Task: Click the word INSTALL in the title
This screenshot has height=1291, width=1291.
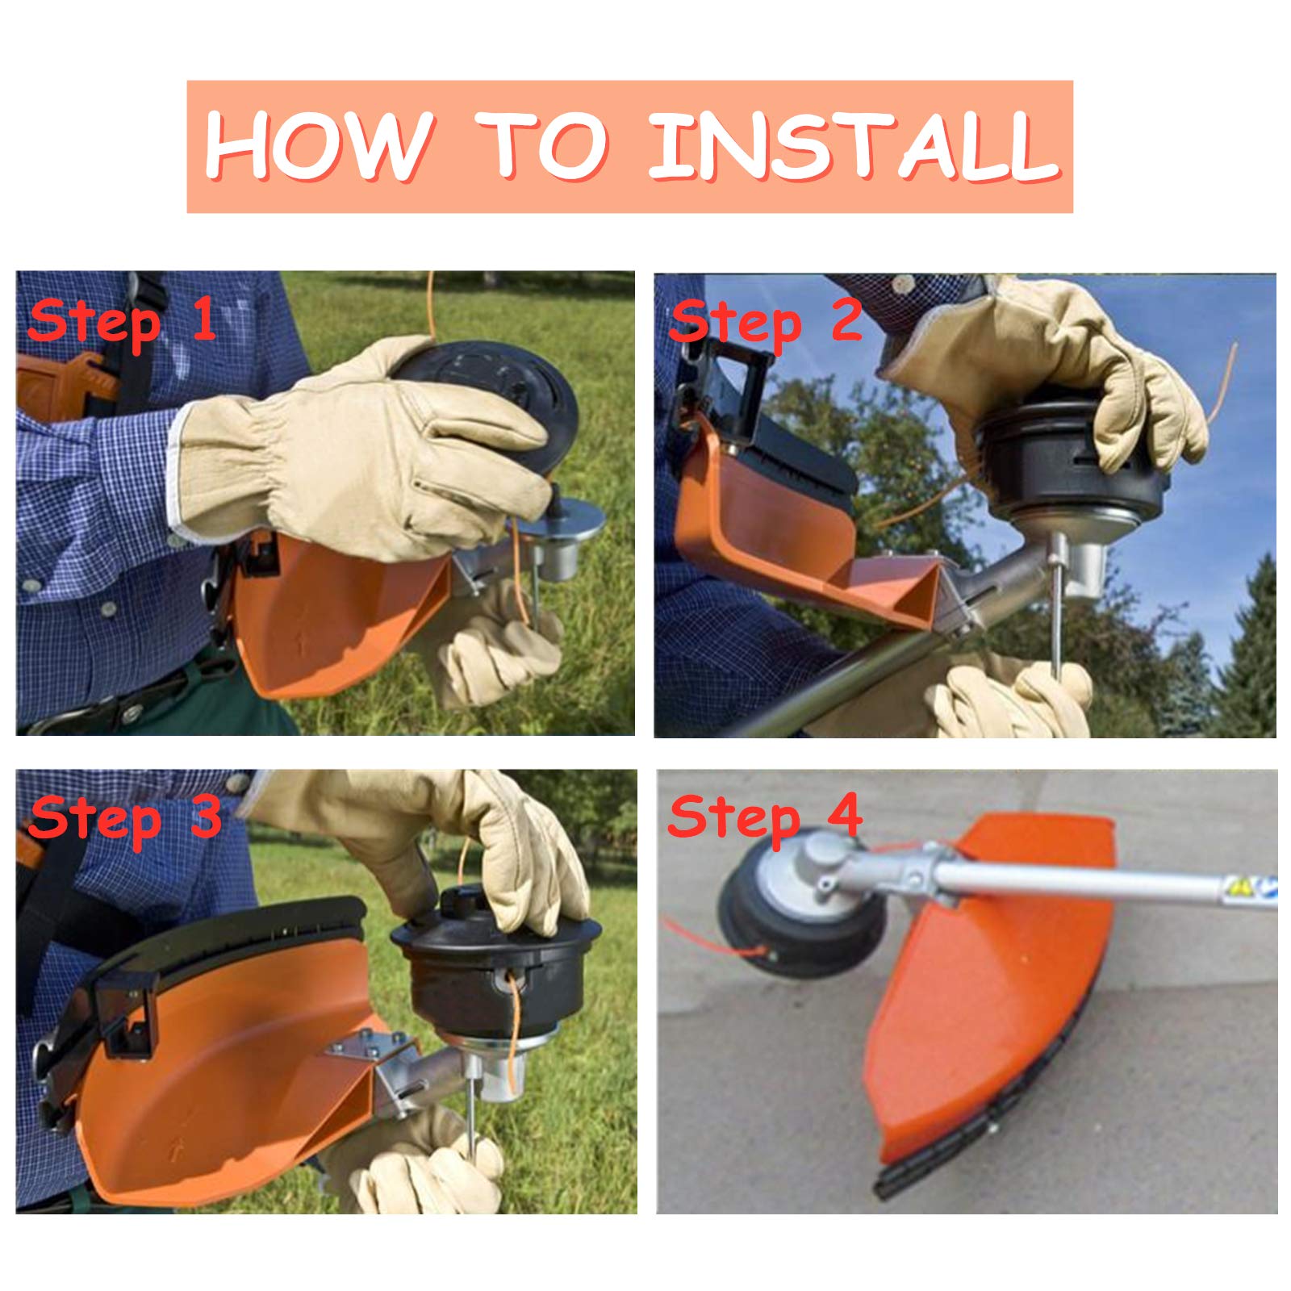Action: pos(853,147)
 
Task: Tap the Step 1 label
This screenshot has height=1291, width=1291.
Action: pos(121,321)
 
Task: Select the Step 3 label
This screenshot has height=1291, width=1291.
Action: pos(123,818)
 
